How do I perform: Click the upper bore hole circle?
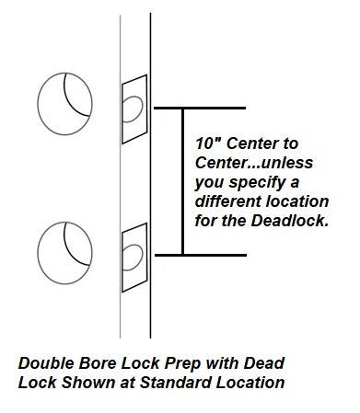point(38,104)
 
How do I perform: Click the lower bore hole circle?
point(38,253)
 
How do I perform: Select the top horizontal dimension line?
point(200,108)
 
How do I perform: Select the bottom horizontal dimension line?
point(201,255)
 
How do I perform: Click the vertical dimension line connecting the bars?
point(183,181)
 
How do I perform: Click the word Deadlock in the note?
point(290,221)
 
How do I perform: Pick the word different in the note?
point(228,201)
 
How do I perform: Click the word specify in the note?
point(257,183)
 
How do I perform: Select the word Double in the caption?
point(46,363)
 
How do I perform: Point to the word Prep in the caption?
point(182,364)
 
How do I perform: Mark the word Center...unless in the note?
point(254,163)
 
